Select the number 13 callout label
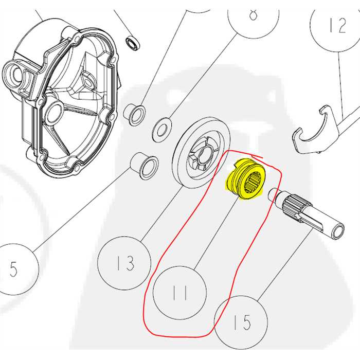tap(125, 263)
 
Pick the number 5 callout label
tap(13, 268)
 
